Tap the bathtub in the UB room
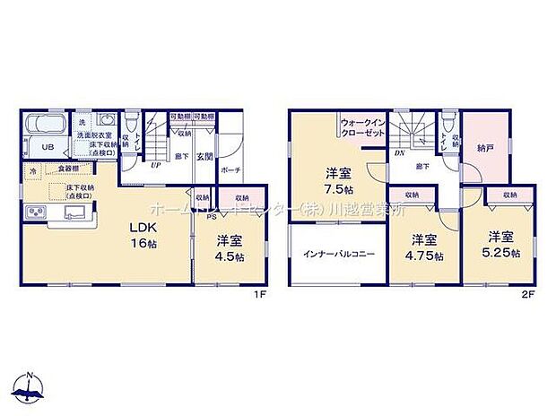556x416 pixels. point(45,124)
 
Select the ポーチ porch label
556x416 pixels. point(229,168)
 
